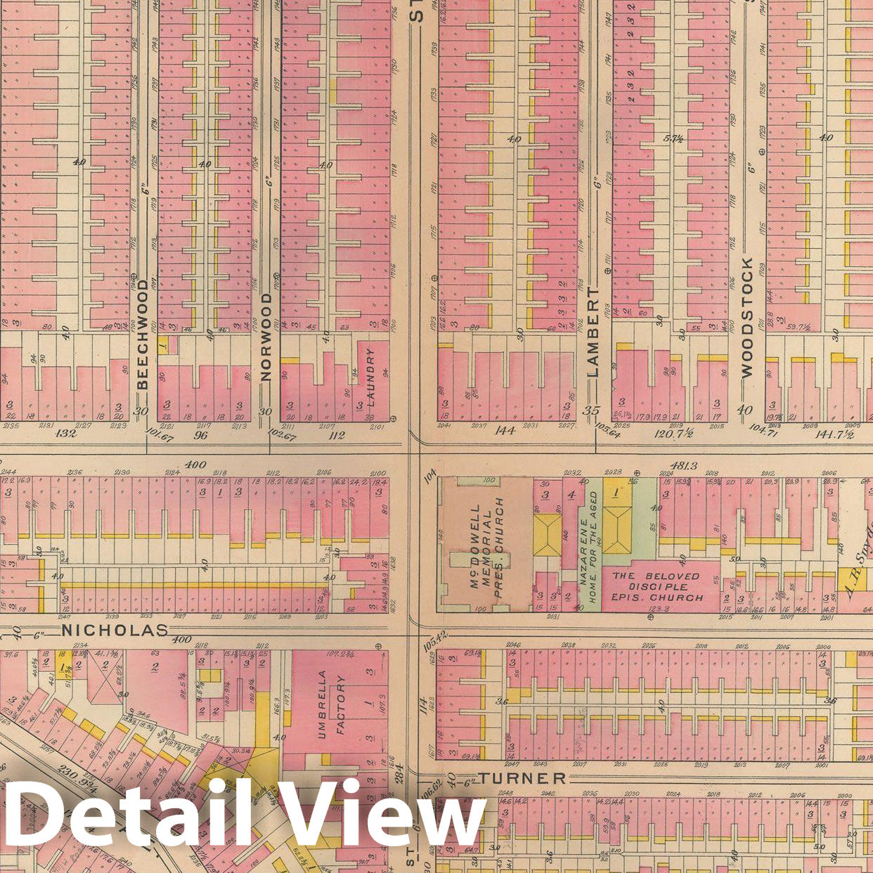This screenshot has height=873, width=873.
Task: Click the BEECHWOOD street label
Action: click(143, 341)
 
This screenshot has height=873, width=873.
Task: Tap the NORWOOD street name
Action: click(266, 337)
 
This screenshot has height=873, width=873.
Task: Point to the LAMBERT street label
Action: click(593, 332)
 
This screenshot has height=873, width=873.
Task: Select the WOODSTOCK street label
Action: click(746, 317)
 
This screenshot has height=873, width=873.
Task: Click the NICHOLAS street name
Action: click(115, 630)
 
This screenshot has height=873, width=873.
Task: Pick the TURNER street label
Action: click(522, 778)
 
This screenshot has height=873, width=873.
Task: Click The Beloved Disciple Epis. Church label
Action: click(657, 586)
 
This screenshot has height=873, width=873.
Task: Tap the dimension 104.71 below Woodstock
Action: click(765, 427)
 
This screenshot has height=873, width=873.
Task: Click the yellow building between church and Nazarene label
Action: click(547, 535)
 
